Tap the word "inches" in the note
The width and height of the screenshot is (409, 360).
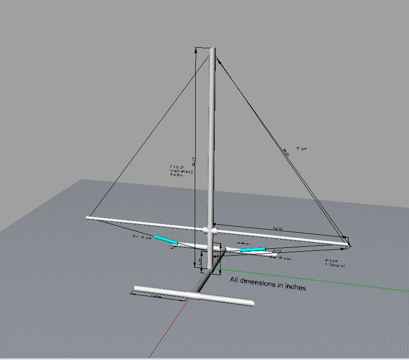click(294, 287)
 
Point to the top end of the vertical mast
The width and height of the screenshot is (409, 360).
click(213, 49)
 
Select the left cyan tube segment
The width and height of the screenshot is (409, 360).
click(165, 240)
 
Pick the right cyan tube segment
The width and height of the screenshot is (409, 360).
click(253, 250)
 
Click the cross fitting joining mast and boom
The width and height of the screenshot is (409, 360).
click(210, 229)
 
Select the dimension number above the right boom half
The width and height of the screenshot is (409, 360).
click(278, 228)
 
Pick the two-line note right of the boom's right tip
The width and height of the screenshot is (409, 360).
click(335, 263)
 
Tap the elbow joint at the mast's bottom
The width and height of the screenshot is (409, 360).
click(211, 269)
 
